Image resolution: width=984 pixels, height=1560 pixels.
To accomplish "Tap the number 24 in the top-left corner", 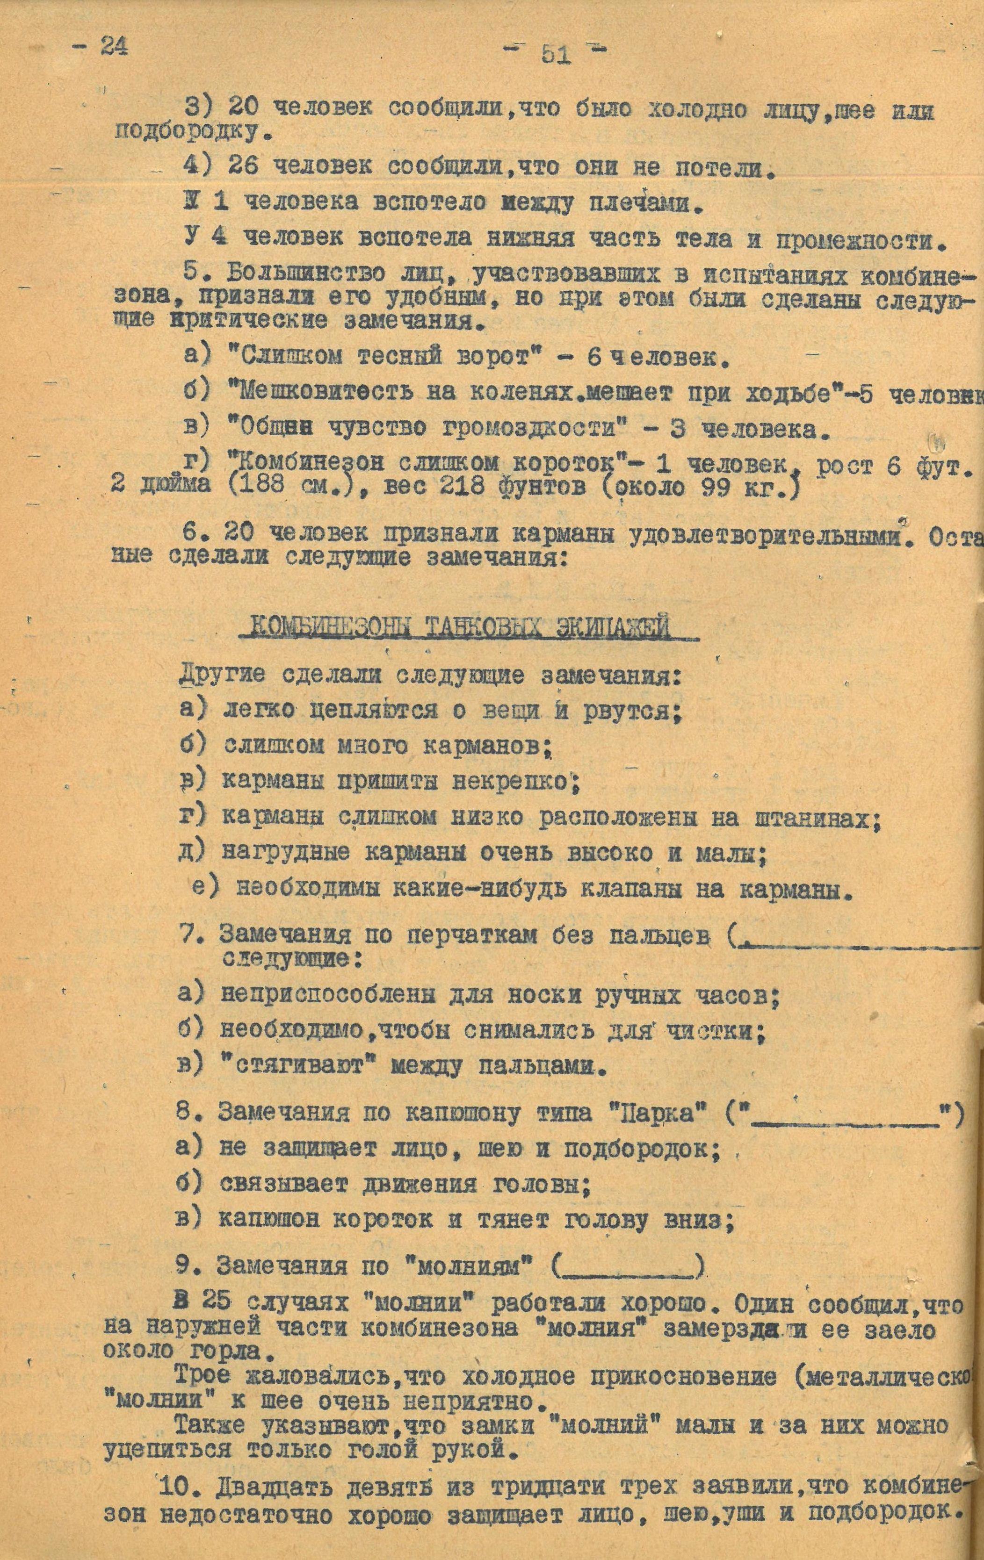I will pyautogui.click(x=114, y=47).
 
